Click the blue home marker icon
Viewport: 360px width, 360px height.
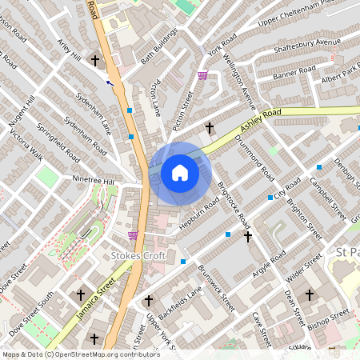pyautogui.click(x=180, y=172)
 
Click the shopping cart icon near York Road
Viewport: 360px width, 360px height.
pyautogui.click(x=202, y=76)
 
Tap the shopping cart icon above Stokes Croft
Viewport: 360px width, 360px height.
pyautogui.click(x=133, y=234)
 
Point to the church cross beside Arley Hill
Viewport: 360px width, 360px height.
pyautogui.click(x=95, y=61)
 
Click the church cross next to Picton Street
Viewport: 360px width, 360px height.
pyautogui.click(x=210, y=127)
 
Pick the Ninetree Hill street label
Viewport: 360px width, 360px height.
pyautogui.click(x=94, y=181)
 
